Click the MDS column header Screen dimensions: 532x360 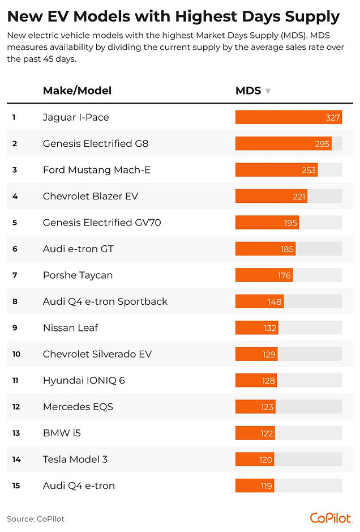(x=248, y=91)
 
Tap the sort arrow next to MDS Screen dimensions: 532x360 (x=268, y=91)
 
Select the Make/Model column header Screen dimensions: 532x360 (x=77, y=91)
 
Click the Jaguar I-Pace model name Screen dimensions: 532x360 (x=76, y=117)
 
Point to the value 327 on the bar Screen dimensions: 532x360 (x=333, y=117)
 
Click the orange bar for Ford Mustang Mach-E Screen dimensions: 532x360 (x=276, y=170)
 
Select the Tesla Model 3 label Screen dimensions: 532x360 (x=75, y=459)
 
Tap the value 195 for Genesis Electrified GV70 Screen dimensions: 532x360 (x=290, y=223)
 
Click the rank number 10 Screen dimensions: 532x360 (x=16, y=354)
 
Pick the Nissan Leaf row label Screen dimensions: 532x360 (x=71, y=328)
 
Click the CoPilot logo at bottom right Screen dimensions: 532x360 (x=331, y=518)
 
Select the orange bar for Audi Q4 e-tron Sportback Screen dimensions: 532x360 (x=259, y=301)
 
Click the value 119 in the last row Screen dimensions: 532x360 (x=265, y=486)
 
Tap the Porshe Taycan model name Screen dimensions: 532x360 (x=78, y=275)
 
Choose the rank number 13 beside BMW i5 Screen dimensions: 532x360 (x=16, y=433)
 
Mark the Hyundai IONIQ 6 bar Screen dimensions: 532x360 (x=255, y=381)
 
